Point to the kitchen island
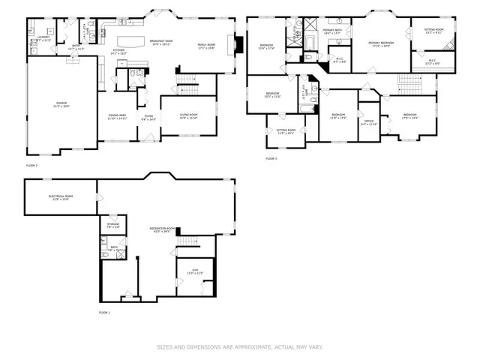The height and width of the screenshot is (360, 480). click(132, 39)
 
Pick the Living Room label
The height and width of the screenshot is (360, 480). click(188, 116)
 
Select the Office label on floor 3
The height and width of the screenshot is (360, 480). click(368, 121)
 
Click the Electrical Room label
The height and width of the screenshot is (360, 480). click(61, 197)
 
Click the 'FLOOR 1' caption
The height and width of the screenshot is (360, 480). click(104, 312)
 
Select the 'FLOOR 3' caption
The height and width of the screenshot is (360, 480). click(271, 159)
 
